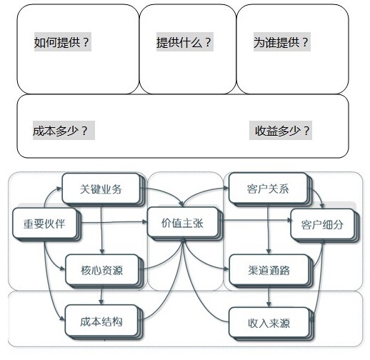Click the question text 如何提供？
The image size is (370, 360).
click(62, 42)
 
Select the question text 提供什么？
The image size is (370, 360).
click(184, 42)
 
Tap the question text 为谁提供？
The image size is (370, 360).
click(281, 42)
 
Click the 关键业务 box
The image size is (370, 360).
click(101, 189)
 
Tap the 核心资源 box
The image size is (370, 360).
click(101, 271)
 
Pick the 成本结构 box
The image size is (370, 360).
click(101, 321)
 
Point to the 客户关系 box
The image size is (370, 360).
click(267, 189)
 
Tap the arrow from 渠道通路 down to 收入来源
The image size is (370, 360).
click(269, 295)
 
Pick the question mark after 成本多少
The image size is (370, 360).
click(85, 131)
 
